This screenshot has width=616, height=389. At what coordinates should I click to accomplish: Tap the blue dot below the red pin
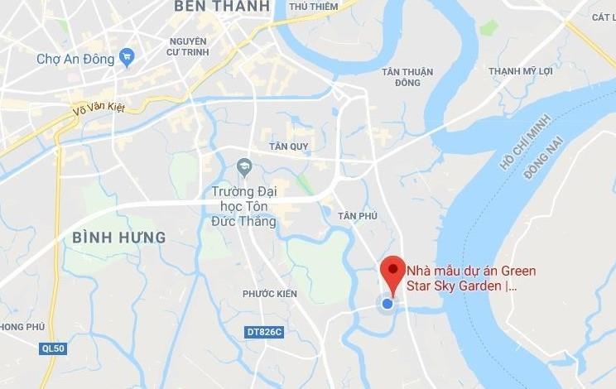pos(387,304)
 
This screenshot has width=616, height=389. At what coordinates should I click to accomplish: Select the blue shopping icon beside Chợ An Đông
pos(127,57)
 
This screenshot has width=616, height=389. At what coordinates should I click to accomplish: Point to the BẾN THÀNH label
pos(222,7)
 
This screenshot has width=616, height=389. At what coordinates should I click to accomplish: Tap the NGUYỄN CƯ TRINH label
pos(188,48)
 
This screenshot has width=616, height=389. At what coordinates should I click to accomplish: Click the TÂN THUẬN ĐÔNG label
pos(407,77)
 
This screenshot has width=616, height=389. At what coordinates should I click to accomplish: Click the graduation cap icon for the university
pos(244,167)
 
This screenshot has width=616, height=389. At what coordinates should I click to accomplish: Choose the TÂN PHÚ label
pos(358,215)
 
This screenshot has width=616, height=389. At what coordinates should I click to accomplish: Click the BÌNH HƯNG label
pos(118,238)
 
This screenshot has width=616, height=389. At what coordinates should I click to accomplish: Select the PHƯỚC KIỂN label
pos(270,294)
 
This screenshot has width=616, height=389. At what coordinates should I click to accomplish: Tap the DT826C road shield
pos(265,333)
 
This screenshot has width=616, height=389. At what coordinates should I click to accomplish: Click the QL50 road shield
pos(53,349)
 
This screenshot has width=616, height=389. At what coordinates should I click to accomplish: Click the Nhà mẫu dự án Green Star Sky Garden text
pos(470,278)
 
